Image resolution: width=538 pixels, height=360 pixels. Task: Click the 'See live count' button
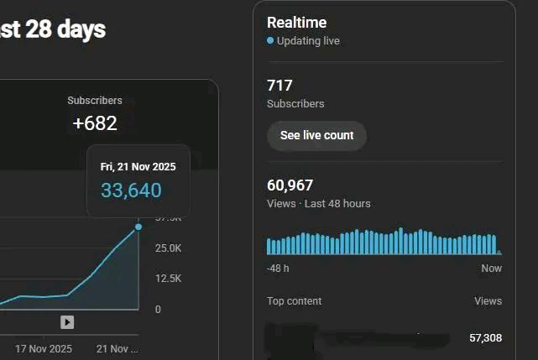316,135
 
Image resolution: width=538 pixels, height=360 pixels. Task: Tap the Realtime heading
296,23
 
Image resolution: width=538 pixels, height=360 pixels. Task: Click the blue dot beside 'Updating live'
270,40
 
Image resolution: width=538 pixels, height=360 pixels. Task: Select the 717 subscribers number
279,86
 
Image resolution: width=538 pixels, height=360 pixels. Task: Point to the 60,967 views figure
290,185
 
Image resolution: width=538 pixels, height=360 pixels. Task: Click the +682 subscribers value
95,123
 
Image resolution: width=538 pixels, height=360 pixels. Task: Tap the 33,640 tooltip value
131,190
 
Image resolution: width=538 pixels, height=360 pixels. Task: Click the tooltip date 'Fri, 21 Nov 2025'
138,167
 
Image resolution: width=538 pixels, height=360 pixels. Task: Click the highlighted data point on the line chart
138,227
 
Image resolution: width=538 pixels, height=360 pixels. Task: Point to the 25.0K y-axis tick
168,248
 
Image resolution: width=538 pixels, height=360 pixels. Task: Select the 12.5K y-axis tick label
168,279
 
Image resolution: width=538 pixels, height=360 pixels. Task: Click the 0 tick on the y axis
158,310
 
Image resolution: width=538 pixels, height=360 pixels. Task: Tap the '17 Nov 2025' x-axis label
44,348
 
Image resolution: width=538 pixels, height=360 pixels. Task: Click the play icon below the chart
67,322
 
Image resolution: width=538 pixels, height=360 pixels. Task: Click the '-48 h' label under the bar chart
278,269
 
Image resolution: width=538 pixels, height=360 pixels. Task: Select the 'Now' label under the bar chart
491,269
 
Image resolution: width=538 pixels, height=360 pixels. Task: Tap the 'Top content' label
294,301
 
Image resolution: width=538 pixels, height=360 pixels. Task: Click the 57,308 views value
485,338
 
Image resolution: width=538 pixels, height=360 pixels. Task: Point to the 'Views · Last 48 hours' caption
318,204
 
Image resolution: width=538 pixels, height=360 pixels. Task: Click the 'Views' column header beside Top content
488,301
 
